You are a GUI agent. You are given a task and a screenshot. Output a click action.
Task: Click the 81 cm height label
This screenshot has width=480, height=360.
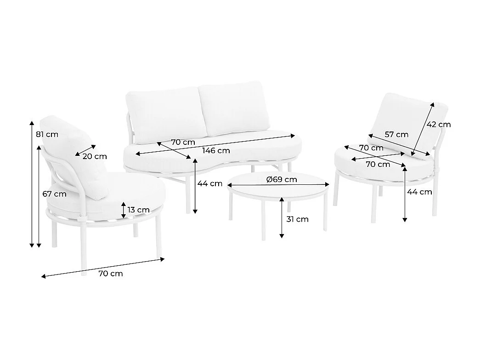[x=47, y=134]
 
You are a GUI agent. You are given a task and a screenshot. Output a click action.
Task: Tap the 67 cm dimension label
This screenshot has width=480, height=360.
[x=55, y=194]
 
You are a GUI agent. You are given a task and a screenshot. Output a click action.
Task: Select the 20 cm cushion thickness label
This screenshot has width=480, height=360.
[x=95, y=156]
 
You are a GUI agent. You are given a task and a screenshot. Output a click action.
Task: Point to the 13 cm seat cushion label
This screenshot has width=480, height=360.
[x=138, y=210]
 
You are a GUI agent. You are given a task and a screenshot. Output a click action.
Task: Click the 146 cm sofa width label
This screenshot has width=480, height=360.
[x=216, y=150]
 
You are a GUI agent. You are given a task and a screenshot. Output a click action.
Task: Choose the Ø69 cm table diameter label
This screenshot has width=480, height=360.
[x=282, y=179]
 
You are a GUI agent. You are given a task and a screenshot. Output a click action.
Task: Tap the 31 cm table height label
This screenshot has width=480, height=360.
[x=297, y=219]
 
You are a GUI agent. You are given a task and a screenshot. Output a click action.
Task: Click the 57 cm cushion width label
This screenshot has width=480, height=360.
[x=396, y=135]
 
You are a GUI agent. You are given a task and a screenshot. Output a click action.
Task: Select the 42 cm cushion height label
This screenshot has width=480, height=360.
[x=439, y=125]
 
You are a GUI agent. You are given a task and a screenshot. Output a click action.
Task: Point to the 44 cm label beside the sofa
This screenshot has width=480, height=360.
[x=210, y=183]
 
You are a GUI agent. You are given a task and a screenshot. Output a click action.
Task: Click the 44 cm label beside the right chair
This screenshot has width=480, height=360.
[x=419, y=192]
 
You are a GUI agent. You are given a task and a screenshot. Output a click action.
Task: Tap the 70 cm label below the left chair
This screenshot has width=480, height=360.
[x=111, y=274]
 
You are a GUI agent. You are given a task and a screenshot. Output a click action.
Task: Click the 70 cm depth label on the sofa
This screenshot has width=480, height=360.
[x=183, y=142]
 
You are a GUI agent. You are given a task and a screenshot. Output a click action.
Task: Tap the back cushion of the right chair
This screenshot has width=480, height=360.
[x=407, y=125]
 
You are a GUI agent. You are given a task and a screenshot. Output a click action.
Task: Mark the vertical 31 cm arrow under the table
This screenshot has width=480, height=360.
[x=282, y=217]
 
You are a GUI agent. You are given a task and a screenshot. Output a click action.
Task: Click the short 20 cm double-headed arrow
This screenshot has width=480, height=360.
[x=85, y=150]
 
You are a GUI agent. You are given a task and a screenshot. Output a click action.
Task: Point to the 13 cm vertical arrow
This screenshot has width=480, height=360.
[x=123, y=210]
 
